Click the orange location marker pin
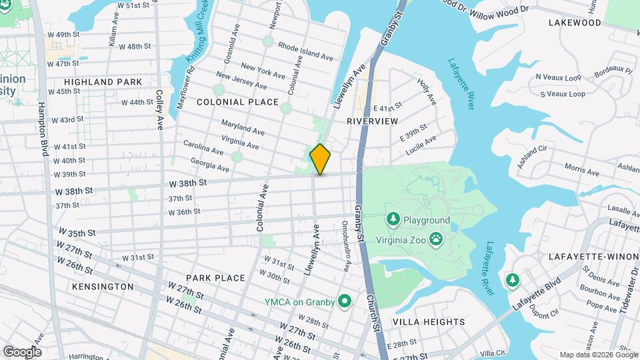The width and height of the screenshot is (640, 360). tap(320, 159)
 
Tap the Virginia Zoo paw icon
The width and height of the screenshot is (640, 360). tap(436, 239)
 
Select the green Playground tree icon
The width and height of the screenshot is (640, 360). tap(393, 219)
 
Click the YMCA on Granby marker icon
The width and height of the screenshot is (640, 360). tap(345, 302)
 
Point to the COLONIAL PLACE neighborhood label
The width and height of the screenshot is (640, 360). tap(237, 102)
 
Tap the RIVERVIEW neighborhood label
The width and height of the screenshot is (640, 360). tap(372, 121)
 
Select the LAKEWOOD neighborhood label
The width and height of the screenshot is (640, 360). tap(575, 23)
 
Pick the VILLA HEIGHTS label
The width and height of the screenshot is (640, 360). tap(428, 322)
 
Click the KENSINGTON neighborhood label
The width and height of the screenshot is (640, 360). tap(103, 286)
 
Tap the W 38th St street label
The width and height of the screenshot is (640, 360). tap(188, 182)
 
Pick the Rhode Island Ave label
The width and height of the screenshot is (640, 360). tap(305, 52)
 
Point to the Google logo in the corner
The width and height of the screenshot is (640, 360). tap(22, 351)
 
